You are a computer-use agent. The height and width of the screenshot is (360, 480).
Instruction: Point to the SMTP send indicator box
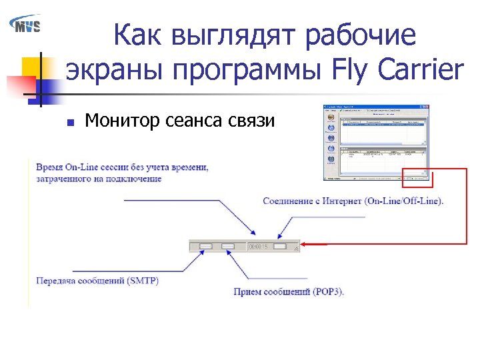[205, 246]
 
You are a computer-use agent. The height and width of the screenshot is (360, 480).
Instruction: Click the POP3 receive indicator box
[228, 246]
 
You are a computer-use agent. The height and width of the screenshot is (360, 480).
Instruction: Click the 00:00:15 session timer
[257, 247]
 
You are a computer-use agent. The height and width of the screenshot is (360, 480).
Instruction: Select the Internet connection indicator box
[280, 246]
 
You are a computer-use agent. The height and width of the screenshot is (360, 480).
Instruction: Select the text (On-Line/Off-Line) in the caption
[404, 201]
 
